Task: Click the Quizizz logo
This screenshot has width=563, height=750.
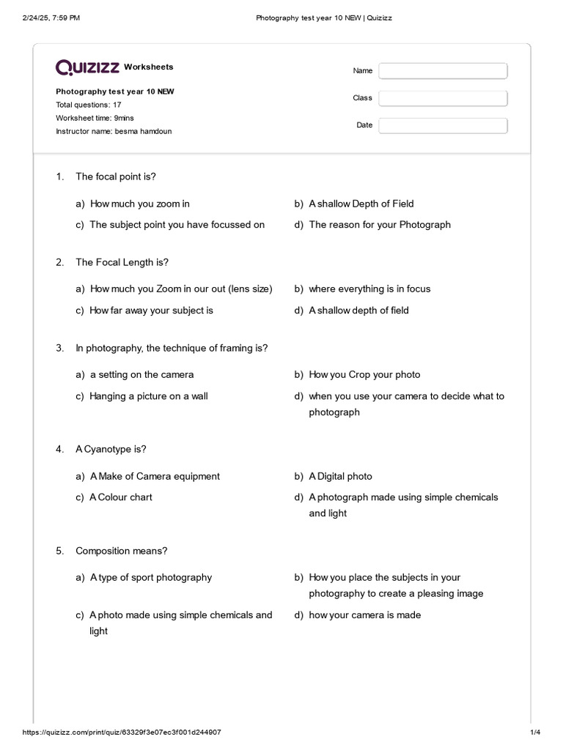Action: pos(88,67)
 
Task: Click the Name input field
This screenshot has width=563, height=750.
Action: pos(443,70)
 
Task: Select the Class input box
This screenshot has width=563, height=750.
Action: pos(443,98)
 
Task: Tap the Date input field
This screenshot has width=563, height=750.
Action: pos(443,125)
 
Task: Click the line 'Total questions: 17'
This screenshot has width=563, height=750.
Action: pos(89,105)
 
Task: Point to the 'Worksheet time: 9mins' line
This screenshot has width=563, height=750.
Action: pos(95,118)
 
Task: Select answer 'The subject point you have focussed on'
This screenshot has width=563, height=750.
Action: pos(177,225)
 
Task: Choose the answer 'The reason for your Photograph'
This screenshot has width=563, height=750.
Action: pos(380,225)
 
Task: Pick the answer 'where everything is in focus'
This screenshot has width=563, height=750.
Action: pos(369,289)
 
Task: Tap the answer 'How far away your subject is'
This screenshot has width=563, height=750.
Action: pos(151,311)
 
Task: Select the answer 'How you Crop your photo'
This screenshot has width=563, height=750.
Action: pos(364,374)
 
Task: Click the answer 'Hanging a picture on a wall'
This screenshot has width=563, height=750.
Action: pos(148,396)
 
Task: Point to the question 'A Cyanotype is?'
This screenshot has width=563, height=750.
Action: pos(106,449)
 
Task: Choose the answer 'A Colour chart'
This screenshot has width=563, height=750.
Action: pos(122,497)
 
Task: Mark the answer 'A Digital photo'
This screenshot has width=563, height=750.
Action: pos(340,476)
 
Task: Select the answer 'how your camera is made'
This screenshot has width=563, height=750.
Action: pos(364,615)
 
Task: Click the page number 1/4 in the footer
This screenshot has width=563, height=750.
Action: pos(534,732)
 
